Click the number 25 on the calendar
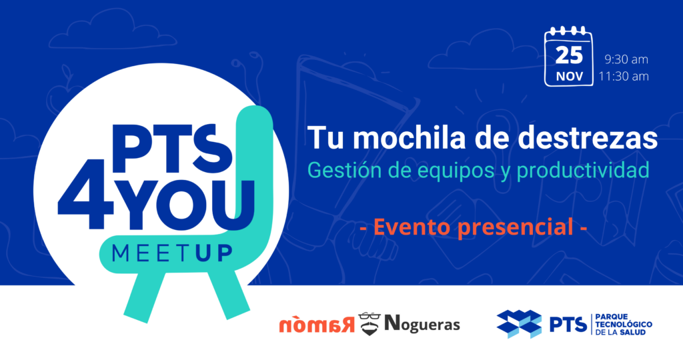pos(569,55)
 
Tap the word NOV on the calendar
pos(570,77)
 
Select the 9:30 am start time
pos(626,59)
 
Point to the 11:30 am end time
pos(624,76)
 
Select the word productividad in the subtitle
pos(583,170)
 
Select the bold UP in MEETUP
pos(213,253)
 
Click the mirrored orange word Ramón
pos(317,325)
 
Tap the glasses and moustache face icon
pos(370,324)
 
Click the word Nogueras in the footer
pos(422,324)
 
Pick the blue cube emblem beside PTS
pos(519,323)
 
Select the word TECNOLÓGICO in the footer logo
pos(624,324)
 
